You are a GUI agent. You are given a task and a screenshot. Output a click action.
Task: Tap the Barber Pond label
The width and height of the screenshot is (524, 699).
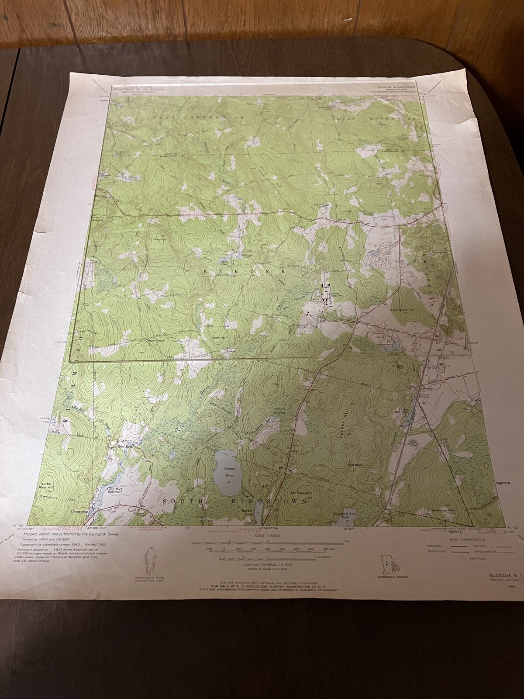click(247, 512)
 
